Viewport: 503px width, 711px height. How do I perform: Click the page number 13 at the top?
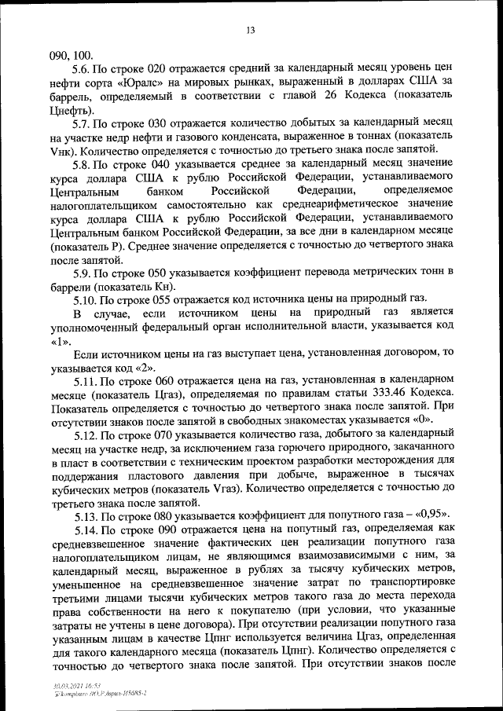tap(251, 31)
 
